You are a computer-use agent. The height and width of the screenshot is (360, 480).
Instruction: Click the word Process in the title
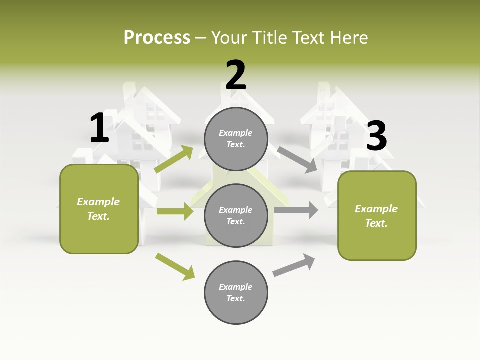(x=157, y=37)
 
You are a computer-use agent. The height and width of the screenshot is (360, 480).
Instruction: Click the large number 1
(x=99, y=128)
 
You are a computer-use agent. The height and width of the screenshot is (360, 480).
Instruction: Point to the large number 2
(x=236, y=75)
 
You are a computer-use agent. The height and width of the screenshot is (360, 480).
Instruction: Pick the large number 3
(x=376, y=136)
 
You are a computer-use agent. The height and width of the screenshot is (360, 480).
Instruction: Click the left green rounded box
(x=99, y=209)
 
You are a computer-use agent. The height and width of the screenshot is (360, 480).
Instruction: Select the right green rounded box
(x=377, y=215)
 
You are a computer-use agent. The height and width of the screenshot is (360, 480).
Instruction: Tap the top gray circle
(x=236, y=139)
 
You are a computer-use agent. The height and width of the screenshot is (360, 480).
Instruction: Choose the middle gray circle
(x=236, y=215)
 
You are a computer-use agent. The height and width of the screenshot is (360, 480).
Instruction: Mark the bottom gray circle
(x=236, y=292)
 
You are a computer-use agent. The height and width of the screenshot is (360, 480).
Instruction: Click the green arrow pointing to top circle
(x=174, y=159)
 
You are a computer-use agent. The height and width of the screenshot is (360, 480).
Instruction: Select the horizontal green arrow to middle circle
(x=175, y=211)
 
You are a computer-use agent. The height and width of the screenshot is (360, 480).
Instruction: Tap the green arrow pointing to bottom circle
(x=175, y=266)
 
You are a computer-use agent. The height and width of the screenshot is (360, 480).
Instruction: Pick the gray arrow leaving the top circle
(x=297, y=159)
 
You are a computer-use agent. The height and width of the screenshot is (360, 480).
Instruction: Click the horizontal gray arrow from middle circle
(x=296, y=210)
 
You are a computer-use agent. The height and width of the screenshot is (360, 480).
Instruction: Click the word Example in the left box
(x=98, y=202)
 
